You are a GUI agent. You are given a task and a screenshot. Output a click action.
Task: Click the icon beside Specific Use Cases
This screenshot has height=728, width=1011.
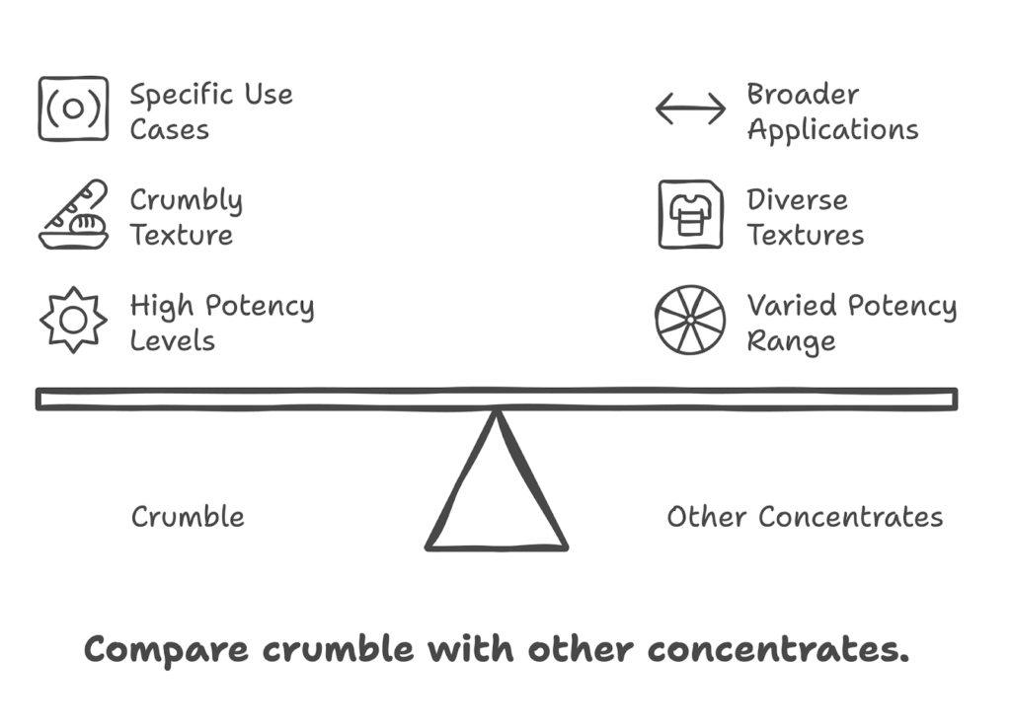point(73,109)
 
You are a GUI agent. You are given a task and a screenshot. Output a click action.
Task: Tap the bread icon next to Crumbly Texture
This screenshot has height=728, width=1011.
point(73,214)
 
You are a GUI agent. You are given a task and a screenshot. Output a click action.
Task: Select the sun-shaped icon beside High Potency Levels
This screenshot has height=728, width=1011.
point(73,320)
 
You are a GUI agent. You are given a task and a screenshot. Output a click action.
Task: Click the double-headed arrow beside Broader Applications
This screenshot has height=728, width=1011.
point(690,109)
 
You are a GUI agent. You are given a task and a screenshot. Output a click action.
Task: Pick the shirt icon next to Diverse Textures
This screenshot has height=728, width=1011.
point(690,214)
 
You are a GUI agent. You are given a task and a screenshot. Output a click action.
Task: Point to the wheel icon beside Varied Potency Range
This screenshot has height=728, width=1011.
point(690,320)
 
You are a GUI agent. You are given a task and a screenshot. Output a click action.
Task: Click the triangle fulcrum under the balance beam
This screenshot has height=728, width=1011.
point(497,493)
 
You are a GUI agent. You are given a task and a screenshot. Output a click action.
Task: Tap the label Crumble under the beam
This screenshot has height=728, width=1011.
point(188,517)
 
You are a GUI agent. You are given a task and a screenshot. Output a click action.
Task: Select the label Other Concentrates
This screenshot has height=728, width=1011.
point(805,517)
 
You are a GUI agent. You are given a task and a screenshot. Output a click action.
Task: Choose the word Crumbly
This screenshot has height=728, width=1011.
point(186,201)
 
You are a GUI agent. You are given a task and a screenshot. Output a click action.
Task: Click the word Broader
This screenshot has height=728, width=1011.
point(803,95)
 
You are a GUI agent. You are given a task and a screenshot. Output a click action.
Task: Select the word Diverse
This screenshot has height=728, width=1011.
point(797,200)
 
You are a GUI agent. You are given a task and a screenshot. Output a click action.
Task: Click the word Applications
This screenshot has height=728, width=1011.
point(832,130)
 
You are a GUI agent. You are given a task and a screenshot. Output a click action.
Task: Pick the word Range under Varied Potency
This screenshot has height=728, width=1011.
point(791,341)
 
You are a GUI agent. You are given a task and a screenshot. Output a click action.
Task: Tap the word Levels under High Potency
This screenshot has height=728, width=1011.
point(172,341)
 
